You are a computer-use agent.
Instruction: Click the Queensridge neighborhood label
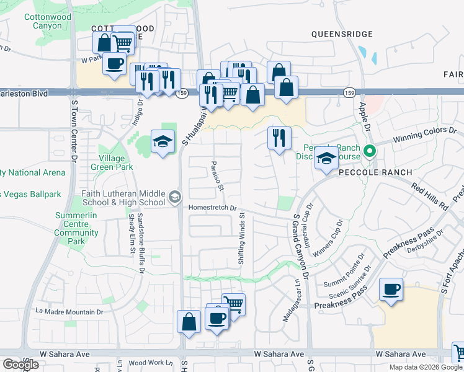click(x=342, y=34)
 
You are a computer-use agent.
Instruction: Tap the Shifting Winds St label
click(x=243, y=240)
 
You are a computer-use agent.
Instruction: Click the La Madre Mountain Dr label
click(x=69, y=311)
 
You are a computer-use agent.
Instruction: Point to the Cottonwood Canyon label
click(x=48, y=22)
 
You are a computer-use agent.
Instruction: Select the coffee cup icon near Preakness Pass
click(x=391, y=290)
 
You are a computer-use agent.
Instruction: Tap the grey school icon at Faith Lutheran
click(x=175, y=197)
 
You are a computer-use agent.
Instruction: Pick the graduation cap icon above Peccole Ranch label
click(x=326, y=159)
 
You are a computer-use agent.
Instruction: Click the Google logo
click(x=20, y=365)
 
